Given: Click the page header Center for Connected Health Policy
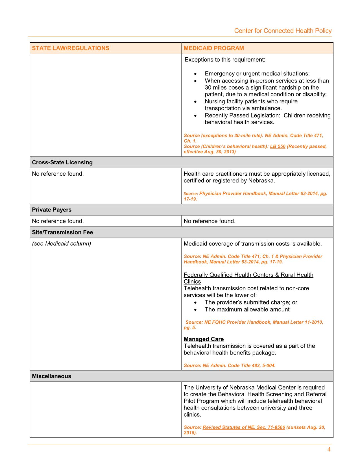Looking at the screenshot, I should [x=283, y=31].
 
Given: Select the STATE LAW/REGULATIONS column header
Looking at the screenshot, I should [x=71, y=48].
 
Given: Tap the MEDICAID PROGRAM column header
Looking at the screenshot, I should [x=214, y=48].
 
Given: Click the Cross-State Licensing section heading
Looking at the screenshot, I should [x=62, y=162].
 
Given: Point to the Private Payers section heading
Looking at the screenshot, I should [x=52, y=210].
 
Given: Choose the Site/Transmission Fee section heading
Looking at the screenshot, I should [x=62, y=232].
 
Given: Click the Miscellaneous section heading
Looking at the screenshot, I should [x=51, y=376].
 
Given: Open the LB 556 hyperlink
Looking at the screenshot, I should [x=278, y=146].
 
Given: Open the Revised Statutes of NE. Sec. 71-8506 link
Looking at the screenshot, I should [x=244, y=427].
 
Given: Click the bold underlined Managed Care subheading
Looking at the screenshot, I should [x=204, y=339].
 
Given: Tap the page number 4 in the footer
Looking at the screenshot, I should [x=329, y=450].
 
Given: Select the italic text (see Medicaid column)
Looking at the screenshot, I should [x=61, y=244].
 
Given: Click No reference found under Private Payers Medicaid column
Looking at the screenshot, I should [x=209, y=221].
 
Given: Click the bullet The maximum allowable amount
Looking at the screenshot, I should [x=247, y=310].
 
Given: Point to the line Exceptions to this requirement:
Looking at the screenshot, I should [x=225, y=60].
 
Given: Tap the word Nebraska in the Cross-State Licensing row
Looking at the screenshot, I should [x=261, y=180].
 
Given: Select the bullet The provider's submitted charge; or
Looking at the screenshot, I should [x=251, y=302].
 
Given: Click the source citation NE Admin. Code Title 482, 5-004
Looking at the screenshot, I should [x=229, y=365].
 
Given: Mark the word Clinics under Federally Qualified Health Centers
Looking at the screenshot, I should [x=192, y=282].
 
